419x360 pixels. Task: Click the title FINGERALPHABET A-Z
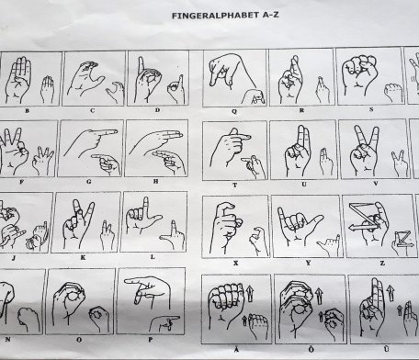coord(225,16)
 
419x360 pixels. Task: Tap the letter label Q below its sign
coord(234,111)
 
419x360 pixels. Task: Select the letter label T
coord(235,186)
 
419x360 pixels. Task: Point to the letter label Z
coord(382,263)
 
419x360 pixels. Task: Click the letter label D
coord(157,110)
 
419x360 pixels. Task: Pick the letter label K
coord(83,258)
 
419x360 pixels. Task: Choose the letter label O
coord(79,340)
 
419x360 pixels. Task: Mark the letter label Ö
coord(311,349)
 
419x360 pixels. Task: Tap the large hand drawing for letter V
coord(365,150)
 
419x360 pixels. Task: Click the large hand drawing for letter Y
coord(299,225)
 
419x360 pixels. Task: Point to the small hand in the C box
coord(116,92)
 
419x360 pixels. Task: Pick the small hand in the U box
coord(326,162)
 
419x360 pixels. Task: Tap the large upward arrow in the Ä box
coord(250,293)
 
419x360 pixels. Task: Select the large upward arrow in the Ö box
coord(319,296)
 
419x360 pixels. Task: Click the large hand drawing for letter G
coord(90,141)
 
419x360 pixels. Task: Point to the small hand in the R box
coord(323,90)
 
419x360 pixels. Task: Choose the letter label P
coord(150,340)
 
